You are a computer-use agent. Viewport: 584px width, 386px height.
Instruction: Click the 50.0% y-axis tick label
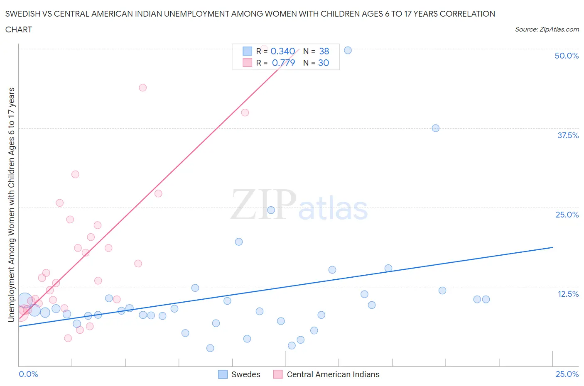567,56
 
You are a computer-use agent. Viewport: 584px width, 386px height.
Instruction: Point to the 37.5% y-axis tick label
568,135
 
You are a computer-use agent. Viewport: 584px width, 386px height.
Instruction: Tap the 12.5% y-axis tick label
568,294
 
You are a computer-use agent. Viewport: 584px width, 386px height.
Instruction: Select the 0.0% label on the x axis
28,374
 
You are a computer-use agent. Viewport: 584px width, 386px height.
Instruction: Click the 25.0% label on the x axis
567,374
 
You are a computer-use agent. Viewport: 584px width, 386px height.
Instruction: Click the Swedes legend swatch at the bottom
223,374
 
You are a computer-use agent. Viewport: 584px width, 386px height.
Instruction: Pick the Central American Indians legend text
333,374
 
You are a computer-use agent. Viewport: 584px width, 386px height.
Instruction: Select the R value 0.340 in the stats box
282,51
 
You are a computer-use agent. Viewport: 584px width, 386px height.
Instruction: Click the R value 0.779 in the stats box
283,63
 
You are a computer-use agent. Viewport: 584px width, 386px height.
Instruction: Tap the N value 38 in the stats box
324,51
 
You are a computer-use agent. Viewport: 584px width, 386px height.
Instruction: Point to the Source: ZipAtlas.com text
547,29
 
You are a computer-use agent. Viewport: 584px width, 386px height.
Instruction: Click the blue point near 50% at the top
348,50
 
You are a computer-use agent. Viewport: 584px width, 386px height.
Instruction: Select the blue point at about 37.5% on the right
435,128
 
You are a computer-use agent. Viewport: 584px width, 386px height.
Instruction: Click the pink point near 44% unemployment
142,88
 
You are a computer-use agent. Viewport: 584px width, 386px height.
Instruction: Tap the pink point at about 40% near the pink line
245,112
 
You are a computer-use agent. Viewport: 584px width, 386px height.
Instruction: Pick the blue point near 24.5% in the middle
271,210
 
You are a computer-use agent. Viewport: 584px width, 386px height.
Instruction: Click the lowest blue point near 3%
210,348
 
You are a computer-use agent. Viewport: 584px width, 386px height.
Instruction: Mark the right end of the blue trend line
552,247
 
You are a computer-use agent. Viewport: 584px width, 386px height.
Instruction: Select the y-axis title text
11,205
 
